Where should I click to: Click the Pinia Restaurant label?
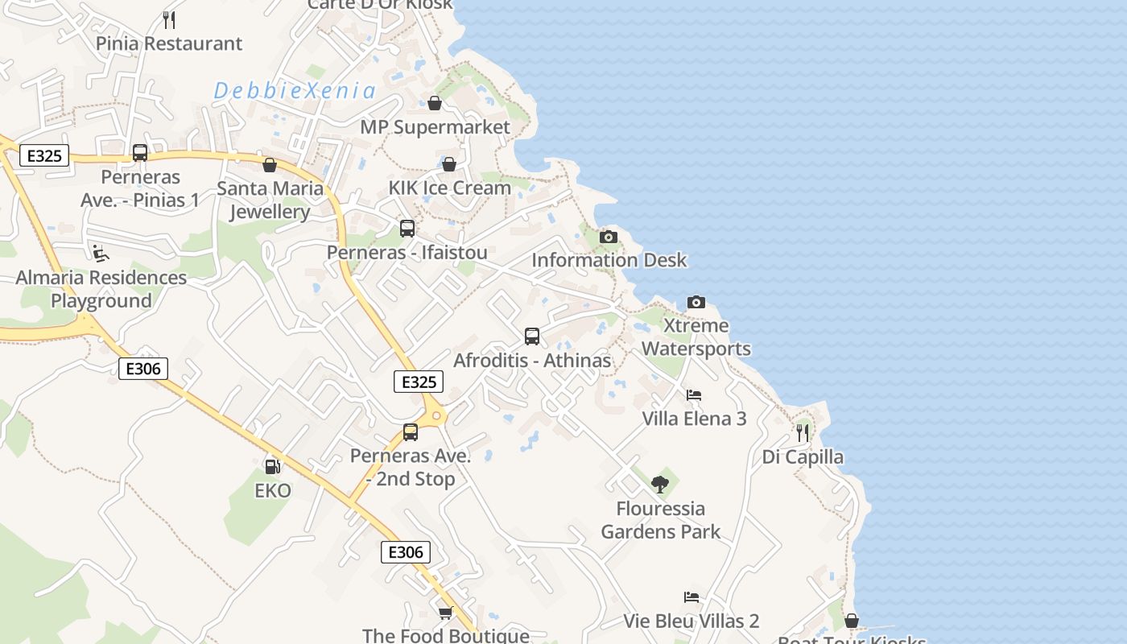pyautogui.click(x=169, y=43)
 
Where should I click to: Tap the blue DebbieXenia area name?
pyautogui.click(x=295, y=91)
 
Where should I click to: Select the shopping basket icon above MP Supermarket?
pyautogui.click(x=435, y=103)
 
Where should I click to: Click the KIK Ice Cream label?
pyautogui.click(x=450, y=188)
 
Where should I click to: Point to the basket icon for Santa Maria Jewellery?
pyautogui.click(x=270, y=165)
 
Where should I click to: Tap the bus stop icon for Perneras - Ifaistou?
pyautogui.click(x=407, y=229)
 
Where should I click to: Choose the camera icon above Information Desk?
pyautogui.click(x=609, y=237)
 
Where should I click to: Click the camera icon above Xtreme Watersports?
pyautogui.click(x=696, y=303)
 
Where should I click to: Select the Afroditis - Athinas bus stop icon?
pyautogui.click(x=532, y=336)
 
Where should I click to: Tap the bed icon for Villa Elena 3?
pyautogui.click(x=694, y=395)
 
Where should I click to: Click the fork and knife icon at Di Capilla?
pyautogui.click(x=803, y=433)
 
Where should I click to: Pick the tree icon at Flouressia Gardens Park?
pyautogui.click(x=660, y=484)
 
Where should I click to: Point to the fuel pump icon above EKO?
pyautogui.click(x=273, y=466)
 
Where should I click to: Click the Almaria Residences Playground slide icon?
pyautogui.click(x=100, y=254)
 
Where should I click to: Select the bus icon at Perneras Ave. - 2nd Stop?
pyautogui.click(x=411, y=432)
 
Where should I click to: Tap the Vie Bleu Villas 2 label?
pyautogui.click(x=691, y=621)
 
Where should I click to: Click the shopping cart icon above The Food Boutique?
pyautogui.click(x=446, y=613)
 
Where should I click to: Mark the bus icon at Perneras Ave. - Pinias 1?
pyautogui.click(x=140, y=153)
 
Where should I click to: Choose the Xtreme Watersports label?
pyautogui.click(x=696, y=337)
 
